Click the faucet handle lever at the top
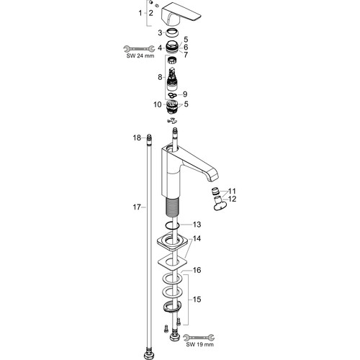(181, 14)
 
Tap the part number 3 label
(160, 33)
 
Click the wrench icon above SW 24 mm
(139, 49)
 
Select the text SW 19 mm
(199, 345)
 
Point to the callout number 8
(160, 77)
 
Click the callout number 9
(185, 94)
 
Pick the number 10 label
(158, 104)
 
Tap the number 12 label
(232, 199)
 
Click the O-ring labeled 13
(172, 225)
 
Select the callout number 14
(197, 238)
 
